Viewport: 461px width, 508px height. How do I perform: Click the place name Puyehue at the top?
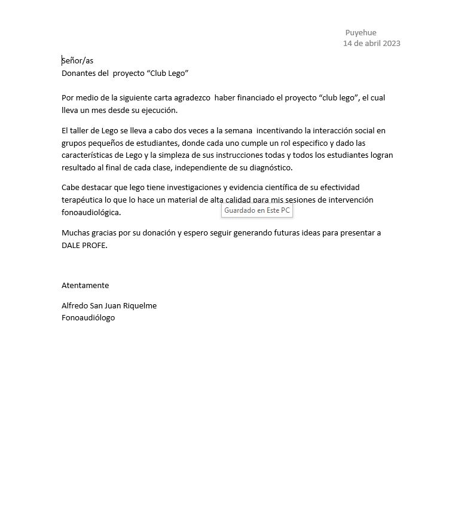(x=361, y=33)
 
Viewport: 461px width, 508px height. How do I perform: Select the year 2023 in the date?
(x=391, y=44)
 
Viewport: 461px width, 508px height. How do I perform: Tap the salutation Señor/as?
(x=78, y=61)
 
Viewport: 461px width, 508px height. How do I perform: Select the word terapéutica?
(x=85, y=200)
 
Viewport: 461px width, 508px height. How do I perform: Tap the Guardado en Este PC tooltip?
(x=257, y=210)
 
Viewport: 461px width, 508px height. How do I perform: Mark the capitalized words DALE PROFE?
(x=84, y=246)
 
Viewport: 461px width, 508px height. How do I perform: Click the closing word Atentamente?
(x=85, y=286)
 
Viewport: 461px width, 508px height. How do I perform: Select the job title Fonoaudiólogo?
(x=88, y=318)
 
